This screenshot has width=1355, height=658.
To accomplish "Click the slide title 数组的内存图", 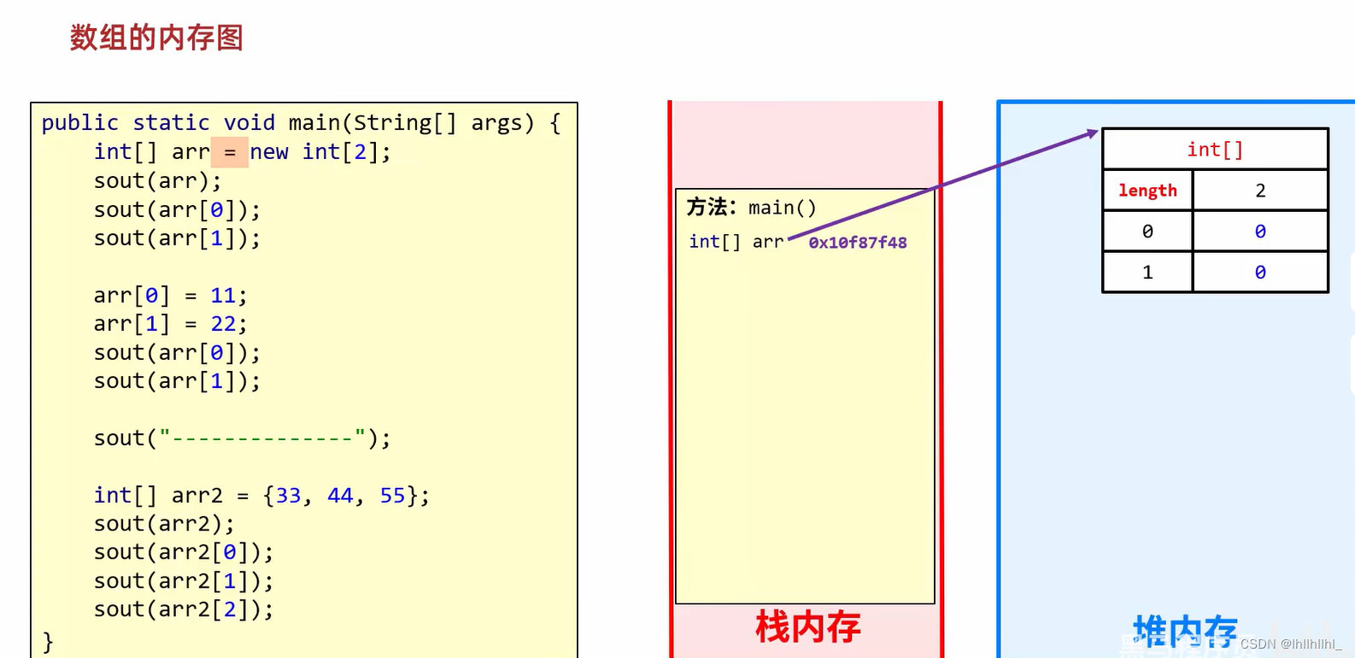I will pyautogui.click(x=156, y=38).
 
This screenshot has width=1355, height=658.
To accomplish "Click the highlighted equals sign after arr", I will pyautogui.click(x=230, y=152).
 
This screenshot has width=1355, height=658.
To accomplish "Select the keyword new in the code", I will pyautogui.click(x=269, y=152).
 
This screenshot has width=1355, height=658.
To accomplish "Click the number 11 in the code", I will pyautogui.click(x=223, y=296).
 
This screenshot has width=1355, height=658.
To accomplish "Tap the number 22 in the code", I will pyautogui.click(x=223, y=324).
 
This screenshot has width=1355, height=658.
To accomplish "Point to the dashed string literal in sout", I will pyautogui.click(x=263, y=438).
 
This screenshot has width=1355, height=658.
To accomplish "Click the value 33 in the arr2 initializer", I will pyautogui.click(x=288, y=496).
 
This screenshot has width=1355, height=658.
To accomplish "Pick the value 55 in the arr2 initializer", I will pyautogui.click(x=392, y=496).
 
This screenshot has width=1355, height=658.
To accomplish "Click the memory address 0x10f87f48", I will pyautogui.click(x=857, y=243).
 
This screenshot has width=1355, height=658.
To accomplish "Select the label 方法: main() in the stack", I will pyautogui.click(x=751, y=208).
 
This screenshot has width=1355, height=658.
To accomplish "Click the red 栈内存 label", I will pyautogui.click(x=807, y=627).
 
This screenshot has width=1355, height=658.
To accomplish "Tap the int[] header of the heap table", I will pyautogui.click(x=1215, y=150).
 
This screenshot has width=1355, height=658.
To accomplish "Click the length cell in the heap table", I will pyautogui.click(x=1147, y=191).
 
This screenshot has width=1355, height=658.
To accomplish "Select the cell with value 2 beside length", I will pyautogui.click(x=1260, y=191).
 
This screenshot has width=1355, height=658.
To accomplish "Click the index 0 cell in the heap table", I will pyautogui.click(x=1147, y=232).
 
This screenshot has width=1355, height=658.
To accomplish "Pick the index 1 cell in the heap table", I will pyautogui.click(x=1147, y=273).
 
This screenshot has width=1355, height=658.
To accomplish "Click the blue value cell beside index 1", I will pyautogui.click(x=1260, y=273).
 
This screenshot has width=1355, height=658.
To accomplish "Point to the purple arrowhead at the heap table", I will pyautogui.click(x=1092, y=132).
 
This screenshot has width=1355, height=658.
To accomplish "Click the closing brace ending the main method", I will pyautogui.click(x=48, y=640).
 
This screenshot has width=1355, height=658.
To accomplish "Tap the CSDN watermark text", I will pyautogui.click(x=1290, y=644).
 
